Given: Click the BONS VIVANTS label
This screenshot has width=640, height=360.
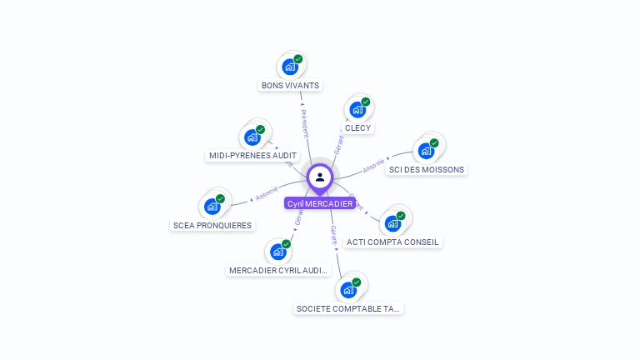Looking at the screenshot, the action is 290,85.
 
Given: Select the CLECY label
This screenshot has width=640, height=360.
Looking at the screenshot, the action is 357,127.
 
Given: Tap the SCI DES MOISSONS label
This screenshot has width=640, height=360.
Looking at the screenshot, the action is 427,169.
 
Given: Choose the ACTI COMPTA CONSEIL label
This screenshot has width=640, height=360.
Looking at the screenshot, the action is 392,242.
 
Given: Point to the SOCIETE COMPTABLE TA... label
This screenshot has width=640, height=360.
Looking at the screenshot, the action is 348,308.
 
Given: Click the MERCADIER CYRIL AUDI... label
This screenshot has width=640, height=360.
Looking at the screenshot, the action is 278,270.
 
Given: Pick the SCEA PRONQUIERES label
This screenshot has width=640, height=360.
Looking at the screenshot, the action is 212,225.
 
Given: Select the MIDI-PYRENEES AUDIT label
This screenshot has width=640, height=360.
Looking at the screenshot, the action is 252,155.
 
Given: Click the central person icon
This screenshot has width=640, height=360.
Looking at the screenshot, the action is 320,177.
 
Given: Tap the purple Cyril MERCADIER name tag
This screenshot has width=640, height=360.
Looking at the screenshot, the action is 320,203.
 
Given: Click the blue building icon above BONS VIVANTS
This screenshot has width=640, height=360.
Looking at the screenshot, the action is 289,67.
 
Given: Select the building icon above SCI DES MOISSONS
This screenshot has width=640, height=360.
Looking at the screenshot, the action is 426,151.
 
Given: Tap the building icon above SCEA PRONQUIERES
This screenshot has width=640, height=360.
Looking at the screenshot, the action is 212,207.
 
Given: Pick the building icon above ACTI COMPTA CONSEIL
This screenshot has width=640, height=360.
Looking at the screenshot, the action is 392,223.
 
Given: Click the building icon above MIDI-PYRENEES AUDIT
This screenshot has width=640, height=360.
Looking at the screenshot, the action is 252,137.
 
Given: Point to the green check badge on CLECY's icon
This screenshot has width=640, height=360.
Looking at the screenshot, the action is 365,102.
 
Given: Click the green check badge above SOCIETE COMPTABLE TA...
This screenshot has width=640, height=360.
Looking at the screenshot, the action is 357,282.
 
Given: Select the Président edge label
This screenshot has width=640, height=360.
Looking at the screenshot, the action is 304,122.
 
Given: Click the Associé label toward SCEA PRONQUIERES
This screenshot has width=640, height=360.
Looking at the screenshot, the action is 267,193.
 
